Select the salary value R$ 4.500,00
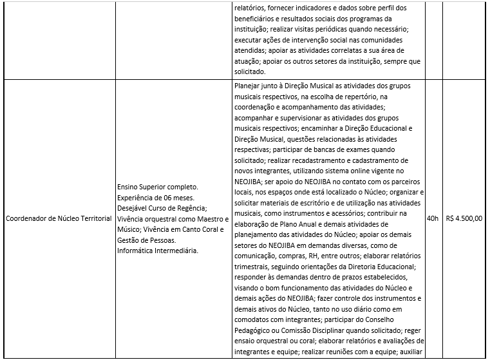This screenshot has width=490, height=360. point(464,218)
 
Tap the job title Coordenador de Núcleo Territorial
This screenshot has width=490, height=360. point(58,218)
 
